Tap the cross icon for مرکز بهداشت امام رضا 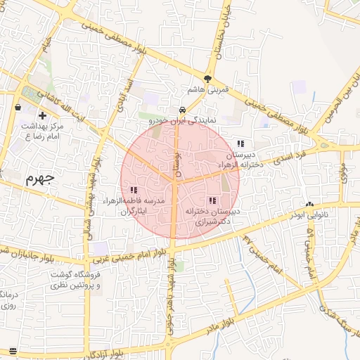tap(43, 115)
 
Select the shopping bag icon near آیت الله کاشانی tap(18, 107)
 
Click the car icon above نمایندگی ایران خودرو tap(182, 110)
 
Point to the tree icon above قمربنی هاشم tap(207, 79)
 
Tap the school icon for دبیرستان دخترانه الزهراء tap(241, 143)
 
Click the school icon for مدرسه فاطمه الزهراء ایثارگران tap(134, 190)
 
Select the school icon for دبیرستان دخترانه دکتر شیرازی tap(212, 200)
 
